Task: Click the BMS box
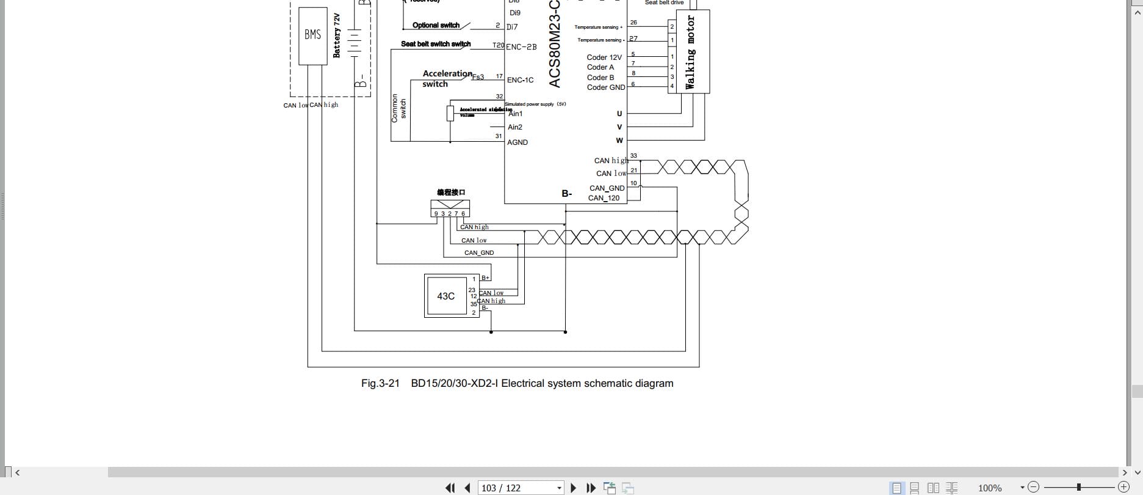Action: (x=312, y=35)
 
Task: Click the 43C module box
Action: (x=445, y=296)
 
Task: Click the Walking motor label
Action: (x=690, y=52)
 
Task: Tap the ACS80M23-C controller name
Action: (x=554, y=44)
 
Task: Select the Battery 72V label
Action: (x=336, y=35)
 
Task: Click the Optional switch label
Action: (x=436, y=25)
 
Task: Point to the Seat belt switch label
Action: (x=436, y=44)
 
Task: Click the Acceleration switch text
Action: (x=447, y=78)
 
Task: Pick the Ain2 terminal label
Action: (x=515, y=127)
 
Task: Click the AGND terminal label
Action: (x=517, y=142)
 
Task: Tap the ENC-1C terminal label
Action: (x=520, y=80)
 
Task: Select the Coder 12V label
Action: (x=604, y=57)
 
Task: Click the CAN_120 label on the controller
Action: (x=604, y=198)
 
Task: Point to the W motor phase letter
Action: (x=619, y=141)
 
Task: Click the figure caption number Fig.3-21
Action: (x=380, y=383)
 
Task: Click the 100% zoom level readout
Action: (x=990, y=488)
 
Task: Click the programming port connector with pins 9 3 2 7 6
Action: (x=450, y=208)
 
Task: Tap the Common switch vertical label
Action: (x=398, y=108)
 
